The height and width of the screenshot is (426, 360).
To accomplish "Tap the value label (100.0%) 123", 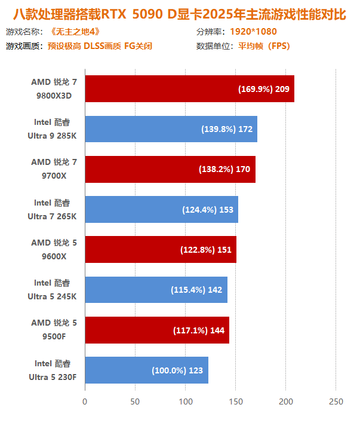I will [x=177, y=370].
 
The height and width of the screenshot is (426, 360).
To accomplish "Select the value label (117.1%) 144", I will [x=198, y=330].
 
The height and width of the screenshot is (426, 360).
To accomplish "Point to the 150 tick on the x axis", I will [x=236, y=402].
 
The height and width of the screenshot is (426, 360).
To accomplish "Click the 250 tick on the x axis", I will [x=336, y=402].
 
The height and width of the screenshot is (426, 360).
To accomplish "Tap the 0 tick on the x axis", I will [x=85, y=402].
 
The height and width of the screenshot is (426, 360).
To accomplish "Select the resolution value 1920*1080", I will [x=253, y=32].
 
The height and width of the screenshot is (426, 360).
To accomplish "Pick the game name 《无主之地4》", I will [x=74, y=32].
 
